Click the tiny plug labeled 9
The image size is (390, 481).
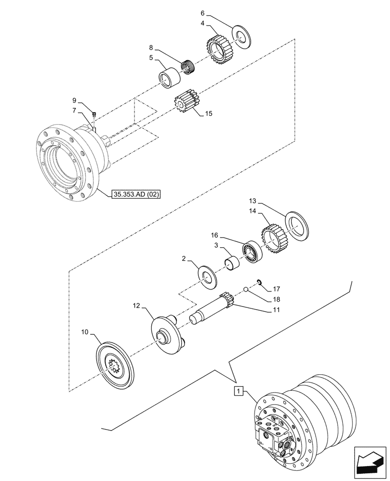pyautogui.click(x=94, y=114)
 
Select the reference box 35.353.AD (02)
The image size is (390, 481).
pyautogui.click(x=135, y=195)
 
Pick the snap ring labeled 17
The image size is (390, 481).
pyautogui.click(x=258, y=282)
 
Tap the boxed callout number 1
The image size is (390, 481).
pyautogui.click(x=238, y=391)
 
